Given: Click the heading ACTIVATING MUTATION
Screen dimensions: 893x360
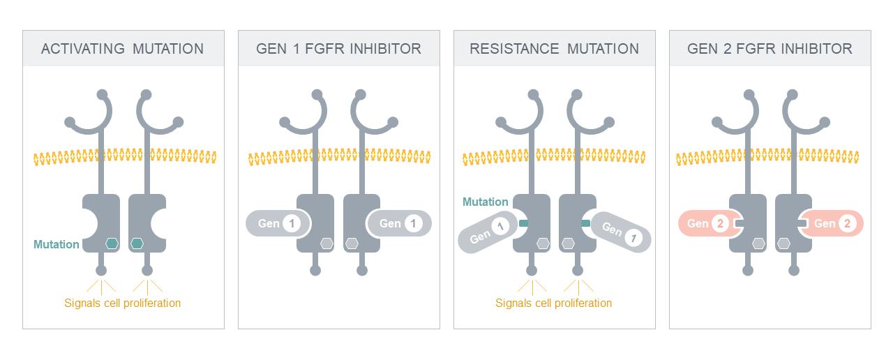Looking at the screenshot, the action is click(122, 49).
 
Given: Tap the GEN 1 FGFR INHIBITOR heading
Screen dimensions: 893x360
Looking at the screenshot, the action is click(338, 49).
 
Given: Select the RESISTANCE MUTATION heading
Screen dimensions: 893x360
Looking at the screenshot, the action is click(554, 49).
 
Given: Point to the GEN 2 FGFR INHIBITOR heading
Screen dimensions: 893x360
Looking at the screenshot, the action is click(770, 49).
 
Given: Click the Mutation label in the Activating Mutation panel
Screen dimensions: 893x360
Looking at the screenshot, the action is click(57, 244).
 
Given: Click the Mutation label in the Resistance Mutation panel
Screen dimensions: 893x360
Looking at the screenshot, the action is click(485, 202).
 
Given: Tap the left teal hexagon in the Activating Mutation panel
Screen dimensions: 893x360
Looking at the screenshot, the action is click(112, 243).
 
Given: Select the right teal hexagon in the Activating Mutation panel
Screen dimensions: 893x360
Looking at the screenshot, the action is click(137, 243).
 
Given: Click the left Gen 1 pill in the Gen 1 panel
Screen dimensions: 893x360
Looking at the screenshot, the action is click(278, 223).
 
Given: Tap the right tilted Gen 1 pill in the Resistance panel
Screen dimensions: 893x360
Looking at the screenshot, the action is click(621, 232).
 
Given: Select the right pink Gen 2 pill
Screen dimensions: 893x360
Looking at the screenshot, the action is click(832, 223).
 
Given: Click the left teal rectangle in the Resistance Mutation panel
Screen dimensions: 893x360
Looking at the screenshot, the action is click(523, 223).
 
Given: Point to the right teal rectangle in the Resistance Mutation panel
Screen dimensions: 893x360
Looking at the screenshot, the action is click(585, 223).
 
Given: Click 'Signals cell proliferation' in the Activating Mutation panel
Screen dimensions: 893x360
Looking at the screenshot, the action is click(122, 303).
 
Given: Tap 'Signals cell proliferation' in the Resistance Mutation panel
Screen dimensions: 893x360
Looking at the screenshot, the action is click(553, 303).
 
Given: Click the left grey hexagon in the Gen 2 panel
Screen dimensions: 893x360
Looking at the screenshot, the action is click(758, 243).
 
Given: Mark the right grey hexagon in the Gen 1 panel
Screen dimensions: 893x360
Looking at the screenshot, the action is click(352, 243).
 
